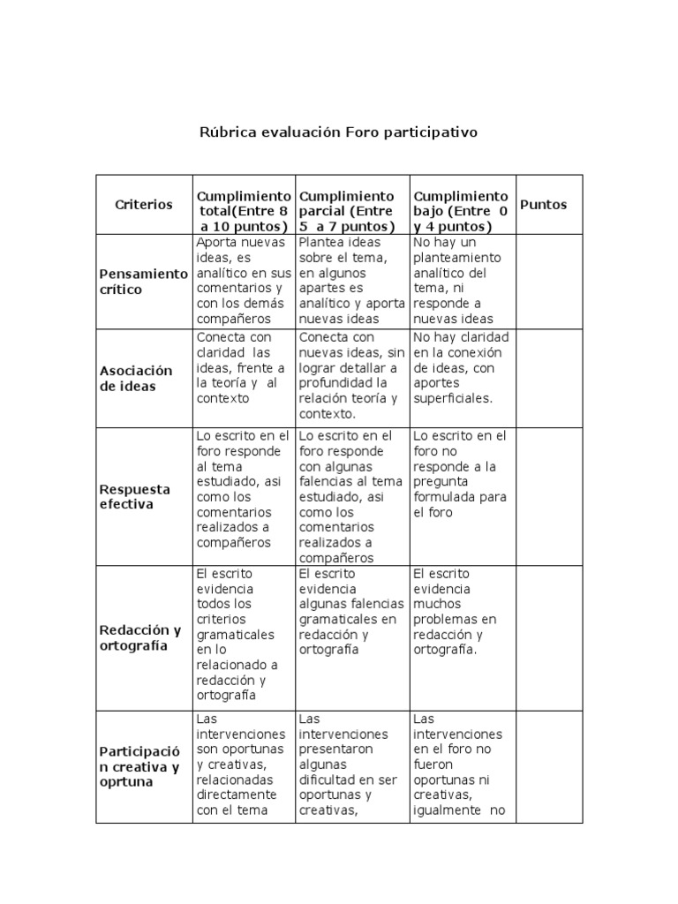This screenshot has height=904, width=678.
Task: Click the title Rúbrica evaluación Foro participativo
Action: coord(339,132)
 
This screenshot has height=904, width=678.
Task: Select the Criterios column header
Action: coord(144,205)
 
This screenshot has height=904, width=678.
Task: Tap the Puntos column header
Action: coord(543,205)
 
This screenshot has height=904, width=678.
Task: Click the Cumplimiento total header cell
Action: coord(244,210)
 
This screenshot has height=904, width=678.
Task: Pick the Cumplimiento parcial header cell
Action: coord(351,210)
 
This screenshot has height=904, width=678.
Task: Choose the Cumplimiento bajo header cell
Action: coord(461,210)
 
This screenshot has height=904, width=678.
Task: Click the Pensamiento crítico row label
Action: coord(144,282)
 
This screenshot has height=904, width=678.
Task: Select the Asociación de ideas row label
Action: coord(144,378)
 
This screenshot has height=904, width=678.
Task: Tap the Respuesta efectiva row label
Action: coord(144,497)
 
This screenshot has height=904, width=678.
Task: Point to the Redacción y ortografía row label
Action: coord(144,638)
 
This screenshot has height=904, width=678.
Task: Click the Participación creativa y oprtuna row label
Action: coord(144,766)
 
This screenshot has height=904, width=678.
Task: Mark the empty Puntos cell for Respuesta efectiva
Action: coord(548,497)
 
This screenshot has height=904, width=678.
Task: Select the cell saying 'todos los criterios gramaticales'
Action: coord(244,636)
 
